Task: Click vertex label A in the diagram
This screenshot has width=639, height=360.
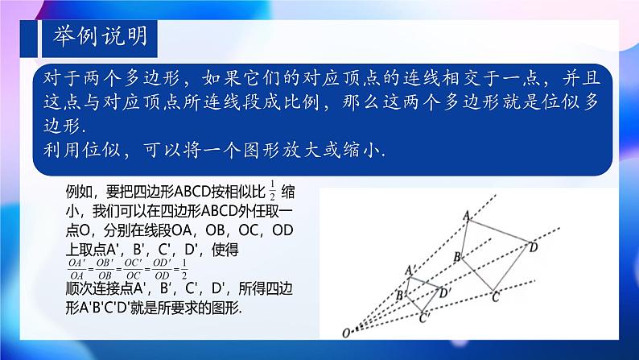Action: (466, 216)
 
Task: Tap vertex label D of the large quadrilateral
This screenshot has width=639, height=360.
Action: (534, 248)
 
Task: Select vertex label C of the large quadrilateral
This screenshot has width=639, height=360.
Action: (496, 297)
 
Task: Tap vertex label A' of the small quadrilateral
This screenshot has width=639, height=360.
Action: (410, 270)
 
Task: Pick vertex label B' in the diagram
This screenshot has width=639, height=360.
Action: (398, 296)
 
